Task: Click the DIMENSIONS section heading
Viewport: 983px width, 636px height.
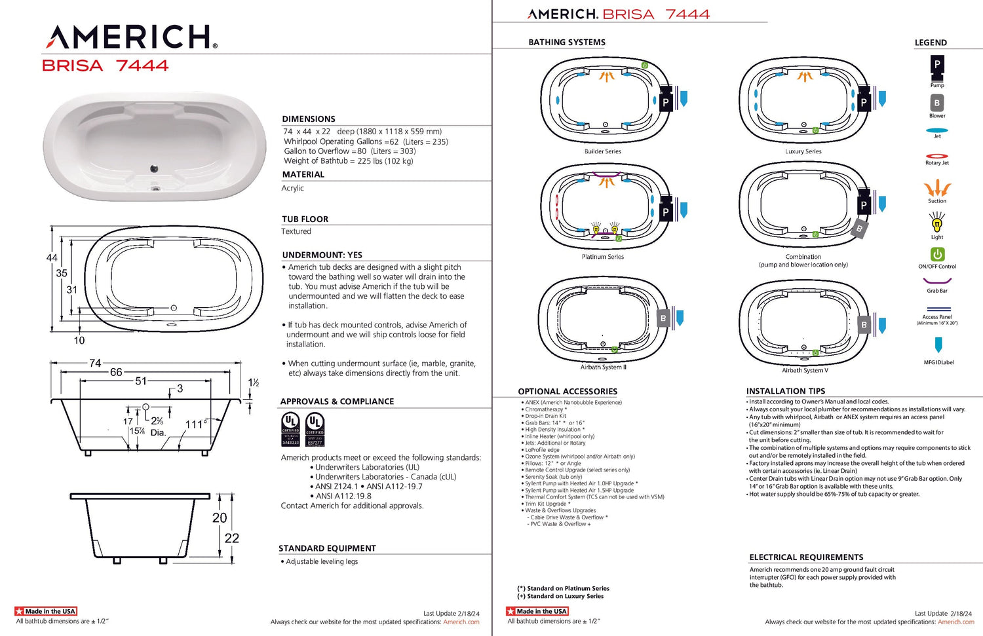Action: click(x=309, y=119)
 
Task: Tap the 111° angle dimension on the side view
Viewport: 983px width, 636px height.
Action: click(x=196, y=424)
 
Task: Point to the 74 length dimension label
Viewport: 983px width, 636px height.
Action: click(x=95, y=364)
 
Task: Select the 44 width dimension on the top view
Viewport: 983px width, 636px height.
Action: click(x=52, y=258)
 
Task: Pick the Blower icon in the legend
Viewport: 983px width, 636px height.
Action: click(x=937, y=103)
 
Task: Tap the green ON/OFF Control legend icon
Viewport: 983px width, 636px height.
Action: click(x=937, y=254)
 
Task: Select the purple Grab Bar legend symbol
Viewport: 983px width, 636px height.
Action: click(x=937, y=281)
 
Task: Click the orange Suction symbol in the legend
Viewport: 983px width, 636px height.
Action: click(x=937, y=189)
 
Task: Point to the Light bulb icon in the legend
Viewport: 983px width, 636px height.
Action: click(x=937, y=224)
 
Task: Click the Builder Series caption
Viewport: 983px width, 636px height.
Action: click(x=603, y=151)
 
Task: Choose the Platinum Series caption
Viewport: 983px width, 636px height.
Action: click(x=603, y=257)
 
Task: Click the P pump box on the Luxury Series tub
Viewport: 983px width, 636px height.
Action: click(x=864, y=102)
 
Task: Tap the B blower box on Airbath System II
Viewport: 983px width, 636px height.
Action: click(x=663, y=318)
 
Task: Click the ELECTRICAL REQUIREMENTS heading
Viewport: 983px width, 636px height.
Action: click(x=806, y=557)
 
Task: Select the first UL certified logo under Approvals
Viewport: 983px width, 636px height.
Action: click(x=290, y=429)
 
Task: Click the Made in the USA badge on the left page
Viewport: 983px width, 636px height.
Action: click(x=46, y=611)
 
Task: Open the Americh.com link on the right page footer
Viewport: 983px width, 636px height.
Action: click(x=955, y=622)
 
